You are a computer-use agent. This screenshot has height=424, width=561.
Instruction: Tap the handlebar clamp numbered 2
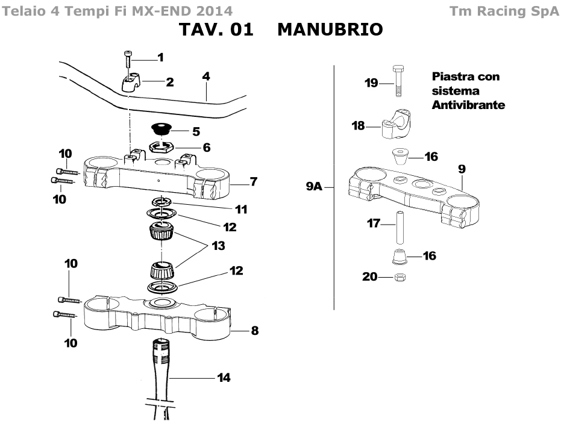click(x=131, y=83)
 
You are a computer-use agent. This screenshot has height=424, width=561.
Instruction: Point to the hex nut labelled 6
click(x=161, y=146)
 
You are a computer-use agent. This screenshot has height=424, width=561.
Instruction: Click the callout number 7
click(x=254, y=182)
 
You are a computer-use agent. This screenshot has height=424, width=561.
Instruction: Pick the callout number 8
click(x=254, y=331)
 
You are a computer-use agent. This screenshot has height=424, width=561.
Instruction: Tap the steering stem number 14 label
click(x=224, y=378)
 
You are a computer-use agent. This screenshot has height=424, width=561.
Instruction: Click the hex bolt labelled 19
click(x=398, y=81)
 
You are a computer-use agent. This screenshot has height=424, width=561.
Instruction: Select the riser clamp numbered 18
click(x=396, y=125)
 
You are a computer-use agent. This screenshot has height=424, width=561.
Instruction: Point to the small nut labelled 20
click(x=400, y=277)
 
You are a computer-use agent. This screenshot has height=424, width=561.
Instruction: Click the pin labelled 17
click(x=399, y=228)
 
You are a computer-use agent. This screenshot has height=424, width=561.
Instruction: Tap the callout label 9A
click(x=314, y=186)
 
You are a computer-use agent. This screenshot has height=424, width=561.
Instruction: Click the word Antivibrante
click(x=468, y=105)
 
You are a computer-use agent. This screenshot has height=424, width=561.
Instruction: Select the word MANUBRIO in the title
click(x=330, y=30)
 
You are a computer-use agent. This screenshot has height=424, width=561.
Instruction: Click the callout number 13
click(x=218, y=246)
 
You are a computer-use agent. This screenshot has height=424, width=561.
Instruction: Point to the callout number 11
click(x=241, y=209)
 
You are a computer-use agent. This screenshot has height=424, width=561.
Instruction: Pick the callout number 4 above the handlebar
click(x=205, y=76)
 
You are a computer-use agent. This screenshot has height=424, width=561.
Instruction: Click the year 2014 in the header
click(x=214, y=11)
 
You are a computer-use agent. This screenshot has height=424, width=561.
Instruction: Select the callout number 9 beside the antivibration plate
click(x=462, y=169)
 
